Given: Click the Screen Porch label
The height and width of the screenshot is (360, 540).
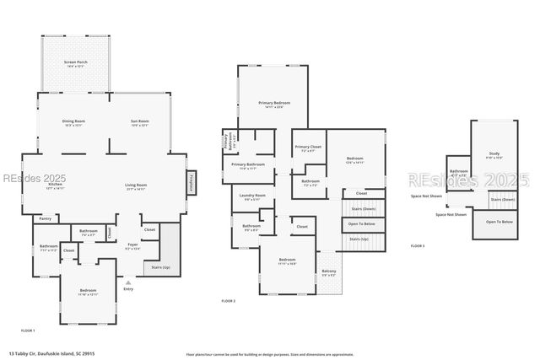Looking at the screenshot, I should [74, 64].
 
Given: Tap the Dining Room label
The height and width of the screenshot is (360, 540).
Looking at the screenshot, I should [73, 122].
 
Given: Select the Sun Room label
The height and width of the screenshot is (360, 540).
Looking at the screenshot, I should [139, 122].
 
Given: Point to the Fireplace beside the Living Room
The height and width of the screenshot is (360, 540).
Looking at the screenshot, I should [191, 183].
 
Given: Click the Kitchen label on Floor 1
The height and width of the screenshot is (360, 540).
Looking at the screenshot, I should [56, 185].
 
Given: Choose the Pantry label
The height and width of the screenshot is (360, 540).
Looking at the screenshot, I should [45, 218].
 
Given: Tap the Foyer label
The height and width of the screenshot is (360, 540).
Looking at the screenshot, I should [132, 248].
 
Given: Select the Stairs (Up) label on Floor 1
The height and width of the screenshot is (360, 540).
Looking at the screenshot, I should [160, 267].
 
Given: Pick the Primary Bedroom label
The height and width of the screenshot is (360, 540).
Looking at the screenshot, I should [272, 104].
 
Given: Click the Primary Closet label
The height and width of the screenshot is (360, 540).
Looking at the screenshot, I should [308, 148].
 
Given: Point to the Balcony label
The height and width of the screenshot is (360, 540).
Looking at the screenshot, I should [329, 272].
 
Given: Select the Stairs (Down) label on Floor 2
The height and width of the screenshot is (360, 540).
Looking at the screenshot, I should [358, 207].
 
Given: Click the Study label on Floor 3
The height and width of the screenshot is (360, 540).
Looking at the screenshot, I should [494, 155].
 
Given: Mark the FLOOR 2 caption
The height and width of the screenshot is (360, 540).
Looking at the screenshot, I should [228, 301].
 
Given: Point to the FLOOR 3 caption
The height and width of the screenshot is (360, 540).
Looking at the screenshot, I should [418, 245].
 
